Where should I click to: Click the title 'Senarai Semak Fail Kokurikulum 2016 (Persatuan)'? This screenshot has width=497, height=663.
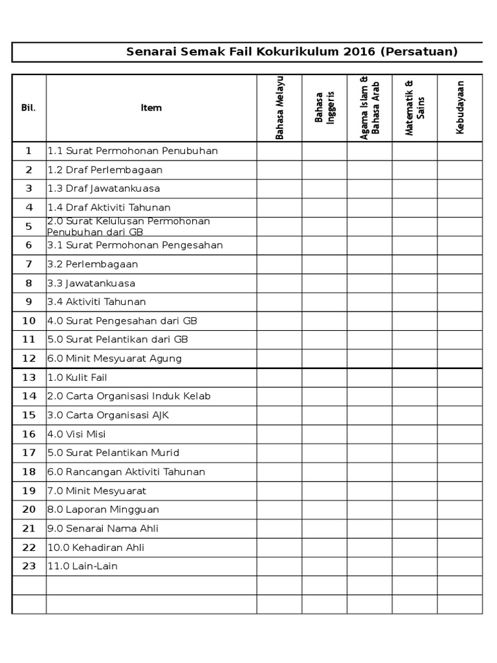click(292, 52)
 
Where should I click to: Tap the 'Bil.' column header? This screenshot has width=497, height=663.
click(28, 107)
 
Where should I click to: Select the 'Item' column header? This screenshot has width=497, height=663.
click(151, 107)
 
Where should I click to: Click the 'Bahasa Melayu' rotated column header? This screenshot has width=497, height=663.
click(280, 107)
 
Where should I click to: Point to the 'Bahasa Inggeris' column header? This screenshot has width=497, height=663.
click(324, 107)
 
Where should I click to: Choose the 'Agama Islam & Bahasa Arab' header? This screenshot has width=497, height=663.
click(370, 107)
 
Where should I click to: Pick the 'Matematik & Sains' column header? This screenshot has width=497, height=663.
click(415, 107)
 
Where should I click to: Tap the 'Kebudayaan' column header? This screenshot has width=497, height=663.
click(460, 107)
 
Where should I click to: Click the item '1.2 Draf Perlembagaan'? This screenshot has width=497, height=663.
click(105, 170)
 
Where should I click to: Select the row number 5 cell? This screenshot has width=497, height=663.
click(28, 227)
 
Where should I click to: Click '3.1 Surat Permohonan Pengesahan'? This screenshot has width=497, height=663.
click(135, 245)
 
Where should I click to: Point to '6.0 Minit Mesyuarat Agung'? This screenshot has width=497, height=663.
click(115, 358)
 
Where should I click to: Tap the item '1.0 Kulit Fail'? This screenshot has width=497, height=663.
click(78, 377)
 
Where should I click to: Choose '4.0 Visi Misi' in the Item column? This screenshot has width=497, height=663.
click(77, 434)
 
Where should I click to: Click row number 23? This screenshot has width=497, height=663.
click(28, 566)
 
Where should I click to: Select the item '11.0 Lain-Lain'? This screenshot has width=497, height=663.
click(83, 566)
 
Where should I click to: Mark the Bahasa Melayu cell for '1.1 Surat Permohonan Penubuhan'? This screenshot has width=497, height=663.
click(280, 151)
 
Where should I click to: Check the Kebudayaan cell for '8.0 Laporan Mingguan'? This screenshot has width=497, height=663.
click(460, 510)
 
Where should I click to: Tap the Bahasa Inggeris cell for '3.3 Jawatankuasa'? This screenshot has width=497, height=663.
click(324, 283)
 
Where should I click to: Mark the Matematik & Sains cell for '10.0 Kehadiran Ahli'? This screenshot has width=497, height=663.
click(415, 547)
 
